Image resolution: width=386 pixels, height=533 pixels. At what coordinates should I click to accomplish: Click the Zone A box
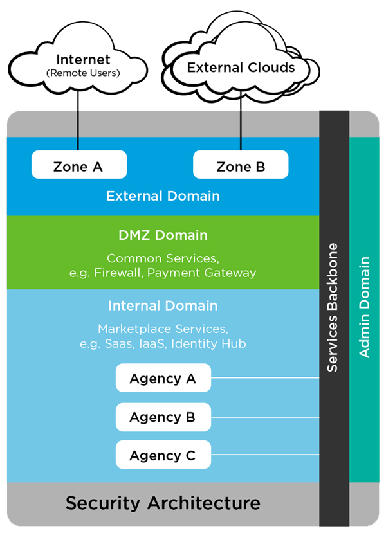click(x=78, y=166)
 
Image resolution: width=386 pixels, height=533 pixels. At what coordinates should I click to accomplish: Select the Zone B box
click(x=241, y=166)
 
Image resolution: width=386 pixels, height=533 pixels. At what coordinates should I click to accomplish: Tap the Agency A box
click(x=163, y=378)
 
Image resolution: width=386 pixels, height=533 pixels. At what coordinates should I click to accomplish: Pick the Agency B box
click(x=163, y=417)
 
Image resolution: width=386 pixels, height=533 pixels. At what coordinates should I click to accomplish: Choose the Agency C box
click(x=163, y=455)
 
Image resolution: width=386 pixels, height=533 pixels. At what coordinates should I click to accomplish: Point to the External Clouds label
click(x=241, y=68)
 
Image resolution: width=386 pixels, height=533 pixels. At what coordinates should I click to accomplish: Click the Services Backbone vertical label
click(x=333, y=307)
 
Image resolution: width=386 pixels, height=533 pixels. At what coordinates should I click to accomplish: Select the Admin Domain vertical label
click(x=365, y=307)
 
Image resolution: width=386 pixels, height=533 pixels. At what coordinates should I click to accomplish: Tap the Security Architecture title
click(x=163, y=502)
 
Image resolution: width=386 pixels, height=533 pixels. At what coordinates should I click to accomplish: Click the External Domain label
click(x=163, y=196)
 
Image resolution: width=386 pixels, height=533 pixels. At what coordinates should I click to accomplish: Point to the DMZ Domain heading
click(x=163, y=235)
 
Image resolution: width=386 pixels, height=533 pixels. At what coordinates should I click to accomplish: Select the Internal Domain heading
click(x=163, y=306)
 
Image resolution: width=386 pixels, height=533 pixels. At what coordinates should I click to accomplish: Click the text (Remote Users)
click(x=83, y=73)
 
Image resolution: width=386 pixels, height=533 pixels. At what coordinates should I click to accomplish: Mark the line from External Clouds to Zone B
click(x=241, y=122)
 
